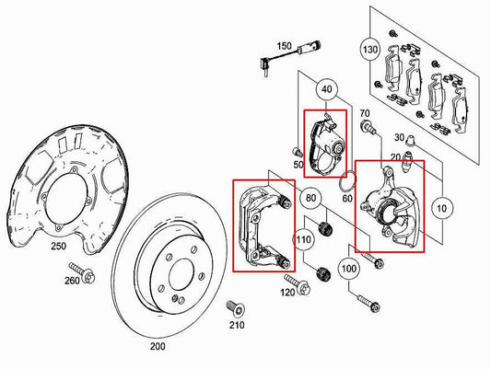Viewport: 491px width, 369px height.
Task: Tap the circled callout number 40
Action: click(326, 89)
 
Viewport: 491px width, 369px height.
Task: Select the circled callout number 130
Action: click(370, 48)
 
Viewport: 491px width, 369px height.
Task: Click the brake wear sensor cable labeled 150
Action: click(277, 61)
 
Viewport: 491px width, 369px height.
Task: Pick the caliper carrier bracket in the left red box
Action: click(262, 225)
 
